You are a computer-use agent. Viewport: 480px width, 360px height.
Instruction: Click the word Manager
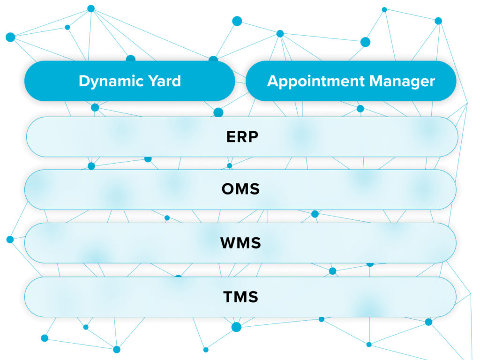(x=402, y=81)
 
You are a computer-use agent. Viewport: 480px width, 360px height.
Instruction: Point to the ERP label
(x=242, y=137)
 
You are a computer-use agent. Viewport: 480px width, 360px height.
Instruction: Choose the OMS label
(x=240, y=189)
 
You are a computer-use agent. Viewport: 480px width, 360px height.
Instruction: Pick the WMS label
(x=240, y=243)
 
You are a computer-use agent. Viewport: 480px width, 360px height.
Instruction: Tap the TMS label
(x=240, y=297)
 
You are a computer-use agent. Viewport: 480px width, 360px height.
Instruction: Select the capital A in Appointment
(x=273, y=81)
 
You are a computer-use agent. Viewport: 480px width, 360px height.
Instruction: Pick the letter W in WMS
(x=227, y=243)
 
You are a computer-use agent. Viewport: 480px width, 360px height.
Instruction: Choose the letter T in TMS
(x=228, y=297)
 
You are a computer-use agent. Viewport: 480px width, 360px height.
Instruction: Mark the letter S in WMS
(x=255, y=243)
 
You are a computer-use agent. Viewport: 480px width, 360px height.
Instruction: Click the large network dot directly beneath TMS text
(x=236, y=327)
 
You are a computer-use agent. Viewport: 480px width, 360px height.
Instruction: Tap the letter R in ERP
(x=242, y=137)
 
